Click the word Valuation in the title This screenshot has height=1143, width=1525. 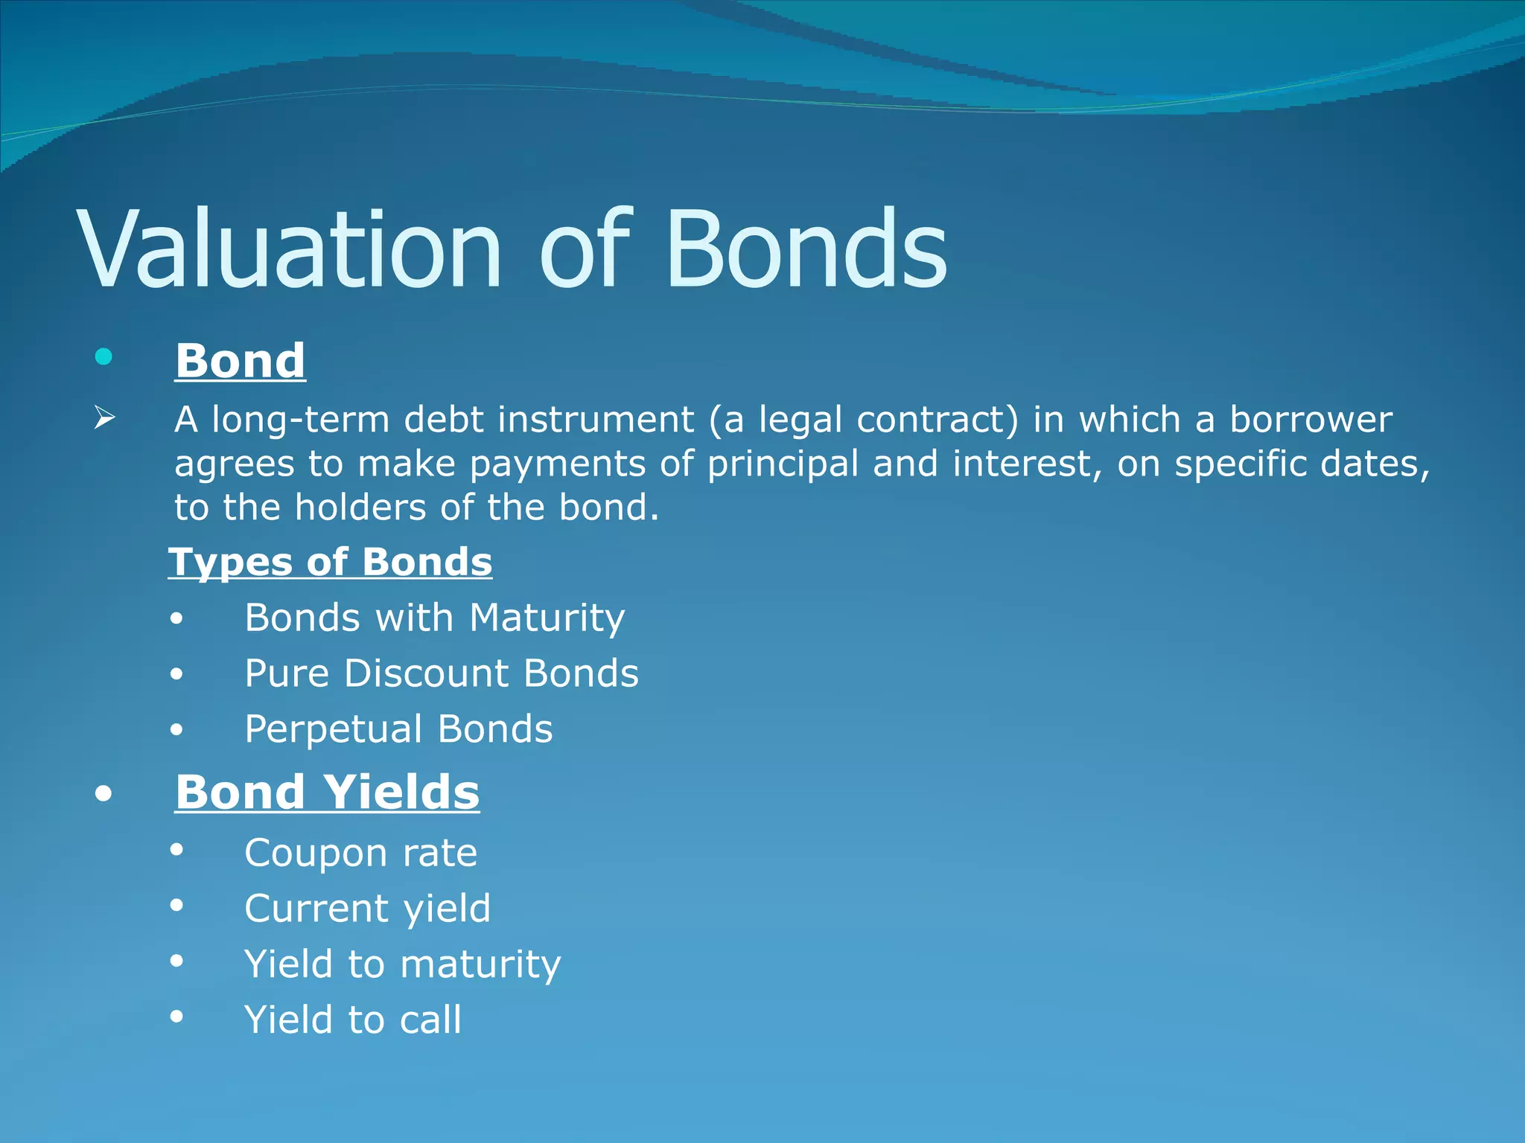(x=290, y=249)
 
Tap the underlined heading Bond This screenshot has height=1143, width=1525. (x=240, y=361)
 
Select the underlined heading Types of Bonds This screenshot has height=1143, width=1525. (x=330, y=562)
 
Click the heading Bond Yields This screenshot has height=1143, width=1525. (x=327, y=792)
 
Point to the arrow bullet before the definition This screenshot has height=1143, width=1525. (x=104, y=418)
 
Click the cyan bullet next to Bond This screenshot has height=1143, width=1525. (x=104, y=357)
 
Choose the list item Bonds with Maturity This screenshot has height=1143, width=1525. (x=435, y=618)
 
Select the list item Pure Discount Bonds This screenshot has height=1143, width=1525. (x=442, y=673)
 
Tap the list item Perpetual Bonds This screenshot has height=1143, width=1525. (x=398, y=729)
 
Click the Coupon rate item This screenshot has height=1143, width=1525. (x=360, y=853)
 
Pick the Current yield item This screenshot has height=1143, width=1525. (x=367, y=909)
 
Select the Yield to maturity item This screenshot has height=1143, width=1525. (x=402, y=964)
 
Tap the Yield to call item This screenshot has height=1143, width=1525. (x=352, y=1020)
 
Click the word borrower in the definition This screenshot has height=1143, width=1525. (x=1311, y=420)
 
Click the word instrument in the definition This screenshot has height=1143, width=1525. (x=596, y=420)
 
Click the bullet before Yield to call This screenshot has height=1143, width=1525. (x=176, y=1016)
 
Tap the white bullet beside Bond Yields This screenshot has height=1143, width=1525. (x=104, y=794)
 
